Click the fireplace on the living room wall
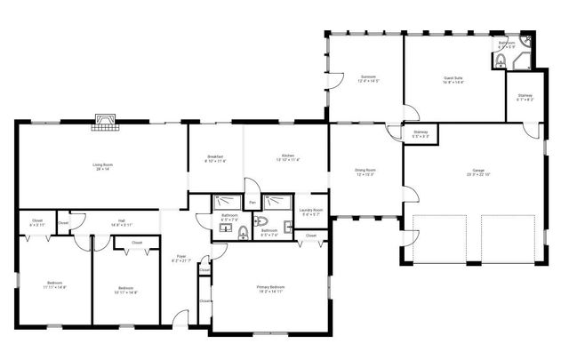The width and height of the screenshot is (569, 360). [105, 121]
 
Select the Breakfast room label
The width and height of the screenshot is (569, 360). [215, 159]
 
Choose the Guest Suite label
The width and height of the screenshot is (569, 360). [453, 80]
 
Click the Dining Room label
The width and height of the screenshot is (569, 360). [365, 172]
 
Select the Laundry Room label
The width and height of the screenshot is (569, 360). [312, 212]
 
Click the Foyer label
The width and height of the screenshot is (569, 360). [180, 259]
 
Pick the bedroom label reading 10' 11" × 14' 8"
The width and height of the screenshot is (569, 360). [125, 290]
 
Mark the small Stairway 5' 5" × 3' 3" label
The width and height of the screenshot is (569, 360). [421, 134]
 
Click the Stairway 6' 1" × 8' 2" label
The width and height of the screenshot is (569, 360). [525, 98]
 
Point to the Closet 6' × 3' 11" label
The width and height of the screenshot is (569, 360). [36, 223]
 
